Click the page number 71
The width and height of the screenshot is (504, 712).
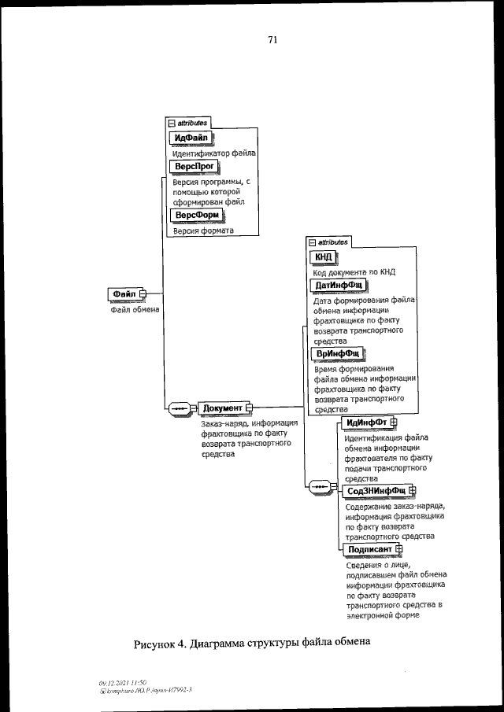pyautogui.click(x=272, y=39)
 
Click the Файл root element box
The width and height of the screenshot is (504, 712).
pyautogui.click(x=124, y=294)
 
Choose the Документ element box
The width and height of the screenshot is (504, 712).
pyautogui.click(x=222, y=408)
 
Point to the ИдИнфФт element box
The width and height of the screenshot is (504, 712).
pyautogui.click(x=366, y=424)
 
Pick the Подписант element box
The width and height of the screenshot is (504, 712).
pyautogui.click(x=369, y=548)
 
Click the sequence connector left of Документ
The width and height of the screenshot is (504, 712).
pyautogui.click(x=180, y=408)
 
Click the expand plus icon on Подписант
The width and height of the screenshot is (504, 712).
pyautogui.click(x=398, y=548)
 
